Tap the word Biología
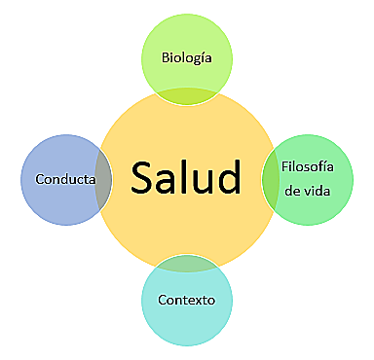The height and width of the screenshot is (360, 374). [x=187, y=58]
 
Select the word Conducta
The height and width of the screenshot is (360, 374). [x=64, y=180]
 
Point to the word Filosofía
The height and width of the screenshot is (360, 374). [x=308, y=166]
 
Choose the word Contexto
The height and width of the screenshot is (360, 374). [x=186, y=299]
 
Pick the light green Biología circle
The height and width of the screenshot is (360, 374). [x=187, y=44]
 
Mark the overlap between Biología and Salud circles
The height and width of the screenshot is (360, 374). [x=187, y=93]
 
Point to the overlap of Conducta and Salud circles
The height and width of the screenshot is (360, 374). [x=101, y=180]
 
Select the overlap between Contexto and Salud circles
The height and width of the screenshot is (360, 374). [x=186, y=263]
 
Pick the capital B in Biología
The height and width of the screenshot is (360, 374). [x=166, y=58]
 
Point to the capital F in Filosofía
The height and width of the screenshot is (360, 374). [x=285, y=166]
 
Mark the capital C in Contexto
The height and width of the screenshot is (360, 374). [x=162, y=299]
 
